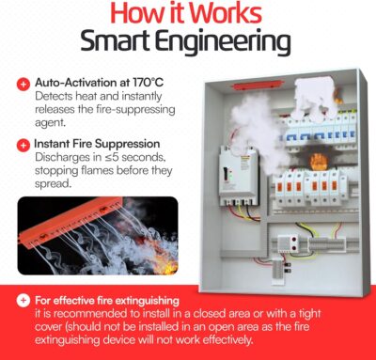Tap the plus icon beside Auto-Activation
tap(22, 84)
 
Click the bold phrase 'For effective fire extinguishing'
tap(103, 301)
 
